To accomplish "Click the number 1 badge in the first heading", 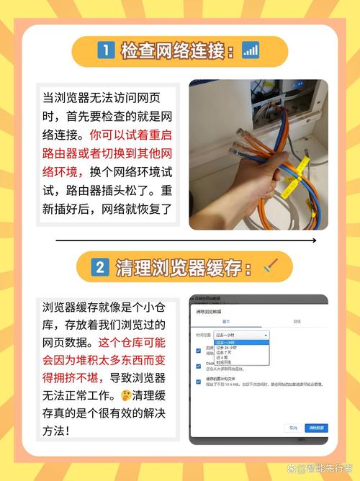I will pos(105,51).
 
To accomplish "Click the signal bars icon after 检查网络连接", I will pos(251,50).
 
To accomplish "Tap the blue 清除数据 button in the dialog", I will pos(316,427).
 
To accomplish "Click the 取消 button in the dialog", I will pos(293,427).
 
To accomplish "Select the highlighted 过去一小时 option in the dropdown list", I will pos(238,342).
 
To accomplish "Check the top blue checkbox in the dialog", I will pos(198,350).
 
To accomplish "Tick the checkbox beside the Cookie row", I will pos(198,366).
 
